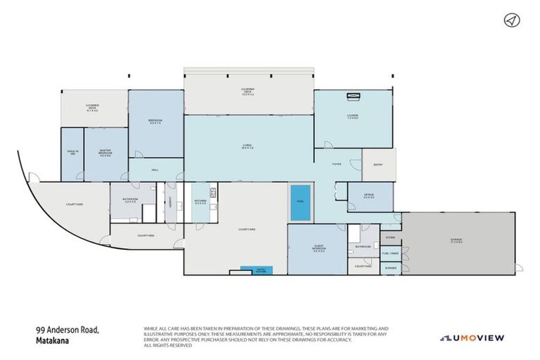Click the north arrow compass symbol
point(510,20)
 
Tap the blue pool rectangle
point(299,202)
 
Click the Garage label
point(457,240)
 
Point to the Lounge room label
point(352,117)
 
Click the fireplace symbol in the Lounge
point(352,92)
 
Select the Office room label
point(368,195)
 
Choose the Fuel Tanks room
point(390,253)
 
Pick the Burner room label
point(390,269)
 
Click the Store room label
point(390,238)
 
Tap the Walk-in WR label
point(72,153)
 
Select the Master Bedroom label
point(105,154)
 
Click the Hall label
point(155,169)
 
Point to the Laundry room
point(171,202)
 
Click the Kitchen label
point(200,200)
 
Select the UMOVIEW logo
point(472,337)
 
